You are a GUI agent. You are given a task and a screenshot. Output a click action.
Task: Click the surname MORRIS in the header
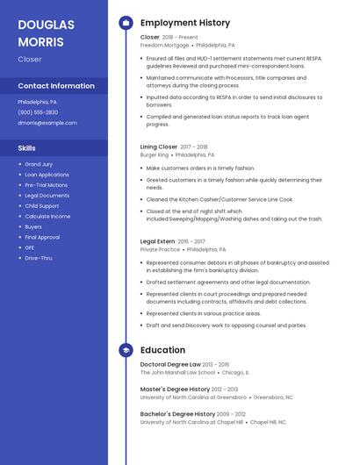(x=40, y=42)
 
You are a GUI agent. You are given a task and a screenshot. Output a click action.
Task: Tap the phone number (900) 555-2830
(x=38, y=112)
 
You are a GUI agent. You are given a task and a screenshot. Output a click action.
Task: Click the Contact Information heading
(x=56, y=86)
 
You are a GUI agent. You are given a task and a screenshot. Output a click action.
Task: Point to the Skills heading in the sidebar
(x=27, y=148)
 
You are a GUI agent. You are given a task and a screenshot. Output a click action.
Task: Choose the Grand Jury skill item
(x=39, y=164)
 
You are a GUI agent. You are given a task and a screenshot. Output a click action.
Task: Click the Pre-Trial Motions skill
(x=46, y=185)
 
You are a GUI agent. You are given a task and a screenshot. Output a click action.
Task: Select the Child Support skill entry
(x=42, y=206)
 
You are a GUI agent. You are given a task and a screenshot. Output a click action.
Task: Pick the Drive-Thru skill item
(x=39, y=258)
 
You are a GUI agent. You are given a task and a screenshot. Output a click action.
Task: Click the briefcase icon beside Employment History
(x=126, y=23)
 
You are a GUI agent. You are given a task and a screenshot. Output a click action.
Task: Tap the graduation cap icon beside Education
(x=126, y=349)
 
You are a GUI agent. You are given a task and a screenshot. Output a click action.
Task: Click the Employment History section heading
(x=185, y=23)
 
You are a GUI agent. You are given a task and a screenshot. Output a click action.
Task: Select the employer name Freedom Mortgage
(x=164, y=45)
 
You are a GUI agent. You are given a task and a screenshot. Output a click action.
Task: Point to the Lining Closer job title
(x=159, y=147)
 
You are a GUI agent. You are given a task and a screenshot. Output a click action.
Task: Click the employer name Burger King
(x=155, y=154)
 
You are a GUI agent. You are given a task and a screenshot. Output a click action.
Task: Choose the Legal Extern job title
(x=157, y=241)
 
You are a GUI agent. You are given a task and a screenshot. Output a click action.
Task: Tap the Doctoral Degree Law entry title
(x=170, y=364)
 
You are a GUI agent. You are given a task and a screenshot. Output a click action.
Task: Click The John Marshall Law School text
(x=177, y=372)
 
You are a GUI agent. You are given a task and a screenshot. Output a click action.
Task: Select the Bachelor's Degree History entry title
(x=177, y=413)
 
